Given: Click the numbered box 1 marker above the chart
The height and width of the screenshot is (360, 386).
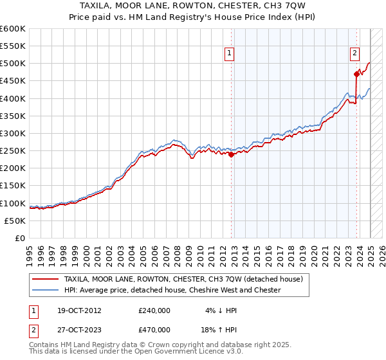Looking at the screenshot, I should pyautogui.click(x=230, y=55).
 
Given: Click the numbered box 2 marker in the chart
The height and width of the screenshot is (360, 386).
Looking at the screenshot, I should pyautogui.click(x=354, y=55).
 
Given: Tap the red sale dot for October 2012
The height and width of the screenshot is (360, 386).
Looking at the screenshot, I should pyautogui.click(x=232, y=154).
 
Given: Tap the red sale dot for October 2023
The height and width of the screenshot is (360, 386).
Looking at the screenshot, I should pyautogui.click(x=356, y=74).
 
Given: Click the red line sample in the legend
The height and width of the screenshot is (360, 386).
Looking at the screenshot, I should pyautogui.click(x=46, y=279).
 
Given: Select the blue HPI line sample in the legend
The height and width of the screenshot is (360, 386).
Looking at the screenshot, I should pyautogui.click(x=46, y=290).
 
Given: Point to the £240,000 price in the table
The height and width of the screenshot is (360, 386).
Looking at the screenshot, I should pyautogui.click(x=154, y=310).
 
